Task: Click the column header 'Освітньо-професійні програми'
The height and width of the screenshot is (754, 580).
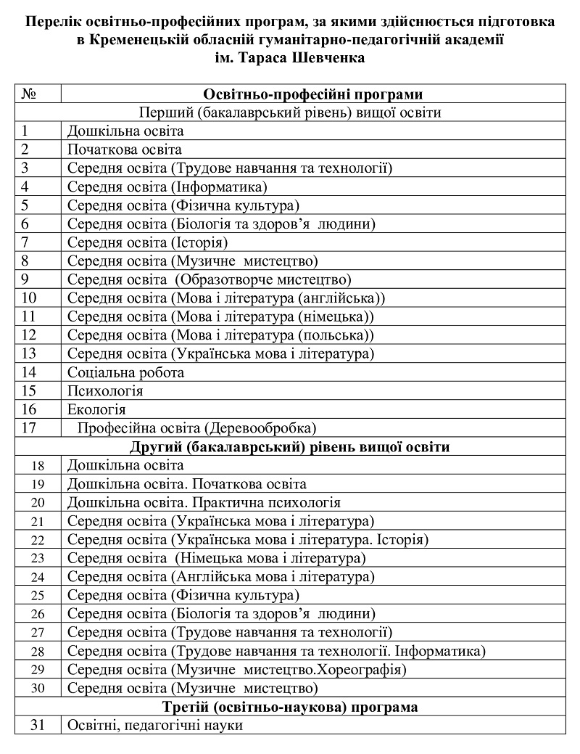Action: [312, 94]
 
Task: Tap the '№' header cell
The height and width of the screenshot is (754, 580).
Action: [30, 94]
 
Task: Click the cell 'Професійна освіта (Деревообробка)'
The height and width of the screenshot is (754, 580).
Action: [196, 427]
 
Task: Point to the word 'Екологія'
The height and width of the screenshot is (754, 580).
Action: [96, 409]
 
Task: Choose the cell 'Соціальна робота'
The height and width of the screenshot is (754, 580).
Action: [125, 372]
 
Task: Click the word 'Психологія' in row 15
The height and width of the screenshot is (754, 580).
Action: [105, 390]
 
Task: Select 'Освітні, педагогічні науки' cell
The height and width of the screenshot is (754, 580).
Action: [154, 724]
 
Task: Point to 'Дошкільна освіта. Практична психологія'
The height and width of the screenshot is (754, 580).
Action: [204, 502]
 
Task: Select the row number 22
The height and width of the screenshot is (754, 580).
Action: [38, 539]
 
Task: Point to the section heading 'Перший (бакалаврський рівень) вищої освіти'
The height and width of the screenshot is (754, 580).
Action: [290, 112]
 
